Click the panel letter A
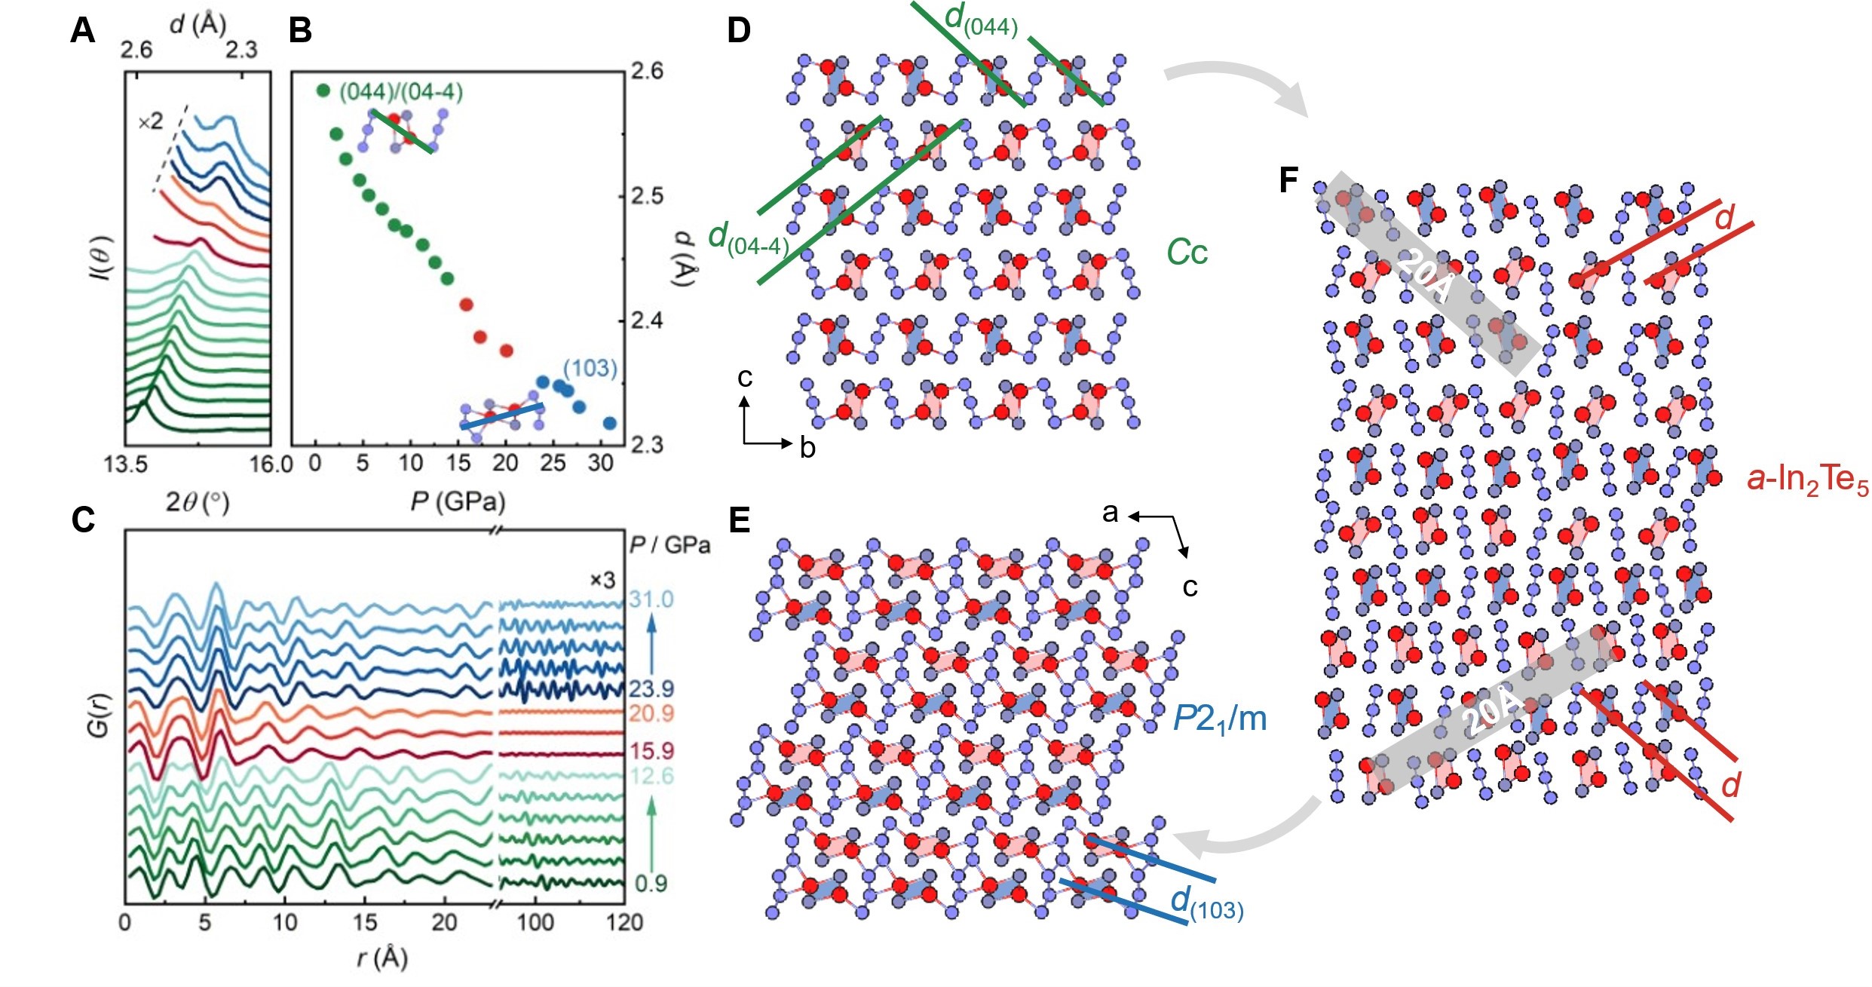point(82,32)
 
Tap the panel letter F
point(1289,181)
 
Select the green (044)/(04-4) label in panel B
point(401,92)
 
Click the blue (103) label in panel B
point(590,368)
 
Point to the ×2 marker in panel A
point(150,121)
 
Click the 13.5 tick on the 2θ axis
point(125,463)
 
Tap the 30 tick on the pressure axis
point(600,463)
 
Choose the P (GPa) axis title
point(458,501)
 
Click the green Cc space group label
point(1187,253)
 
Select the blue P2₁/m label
point(1219,719)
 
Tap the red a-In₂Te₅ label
point(1807,480)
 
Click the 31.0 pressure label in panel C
point(651,600)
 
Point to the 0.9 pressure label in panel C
point(651,882)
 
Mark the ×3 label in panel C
point(602,580)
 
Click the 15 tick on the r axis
point(365,922)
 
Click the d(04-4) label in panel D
point(748,239)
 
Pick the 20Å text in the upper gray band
point(1423,275)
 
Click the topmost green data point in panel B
point(323,90)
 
